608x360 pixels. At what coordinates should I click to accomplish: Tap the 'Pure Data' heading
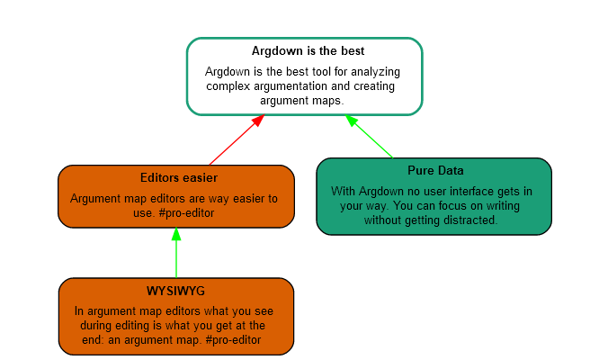435,170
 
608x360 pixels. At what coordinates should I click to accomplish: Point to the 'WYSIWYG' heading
176,291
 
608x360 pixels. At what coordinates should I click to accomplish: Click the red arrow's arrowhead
258,120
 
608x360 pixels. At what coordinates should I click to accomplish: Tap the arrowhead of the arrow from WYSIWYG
176,234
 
